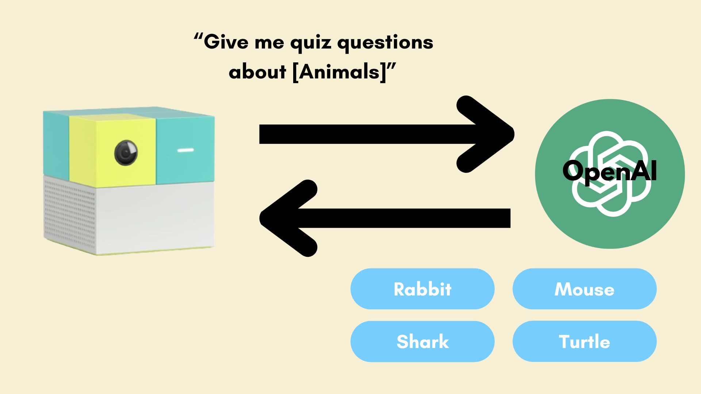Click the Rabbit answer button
422,289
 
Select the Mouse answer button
585,289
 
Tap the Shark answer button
422,341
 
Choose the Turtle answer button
585,341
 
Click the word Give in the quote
226,42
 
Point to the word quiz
311,43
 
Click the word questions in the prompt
385,43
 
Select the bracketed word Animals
339,72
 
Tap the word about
257,72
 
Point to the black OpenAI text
610,171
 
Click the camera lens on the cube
126,152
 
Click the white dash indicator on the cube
185,150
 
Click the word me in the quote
269,43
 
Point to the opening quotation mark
198,37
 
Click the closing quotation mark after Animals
391,67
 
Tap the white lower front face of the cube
155,217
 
